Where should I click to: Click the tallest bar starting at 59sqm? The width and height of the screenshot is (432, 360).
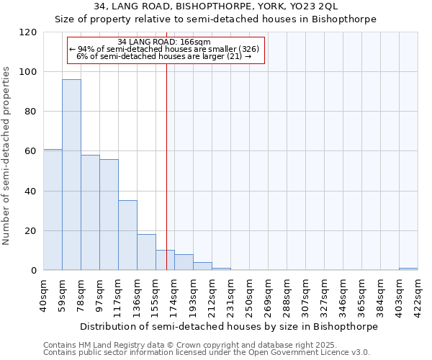coord(71,175)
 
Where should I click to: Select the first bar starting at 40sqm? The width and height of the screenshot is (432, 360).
coord(53,210)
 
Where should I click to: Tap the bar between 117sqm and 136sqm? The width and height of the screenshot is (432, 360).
coord(127,235)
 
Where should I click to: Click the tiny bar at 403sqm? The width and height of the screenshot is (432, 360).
coord(408,269)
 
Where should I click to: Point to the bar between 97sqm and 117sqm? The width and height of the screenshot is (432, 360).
coord(109,215)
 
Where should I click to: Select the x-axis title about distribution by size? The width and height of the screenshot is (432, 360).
coord(230,326)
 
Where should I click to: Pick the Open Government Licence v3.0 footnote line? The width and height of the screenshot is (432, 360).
coord(207,353)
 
